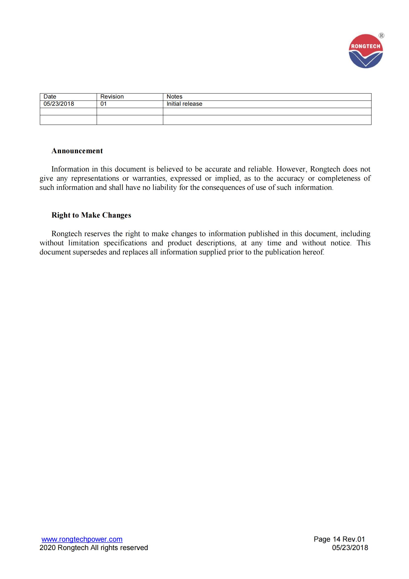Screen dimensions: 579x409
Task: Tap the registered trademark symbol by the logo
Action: click(382, 36)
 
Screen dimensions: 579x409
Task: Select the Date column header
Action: click(50, 97)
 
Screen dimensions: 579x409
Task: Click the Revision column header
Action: click(112, 97)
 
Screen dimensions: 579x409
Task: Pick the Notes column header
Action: click(174, 97)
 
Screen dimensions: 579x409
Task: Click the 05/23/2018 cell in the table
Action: click(59, 104)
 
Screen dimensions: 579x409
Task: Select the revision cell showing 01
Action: click(103, 104)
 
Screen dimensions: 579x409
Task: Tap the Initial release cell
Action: click(184, 104)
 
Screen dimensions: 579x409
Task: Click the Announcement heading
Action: click(77, 151)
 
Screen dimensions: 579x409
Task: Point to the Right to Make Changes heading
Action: click(91, 215)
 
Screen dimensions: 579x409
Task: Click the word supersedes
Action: click(90, 252)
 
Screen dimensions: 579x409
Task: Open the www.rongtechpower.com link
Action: click(82, 539)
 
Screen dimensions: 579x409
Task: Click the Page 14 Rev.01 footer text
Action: click(339, 539)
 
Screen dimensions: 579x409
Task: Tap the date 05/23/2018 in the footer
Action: click(350, 548)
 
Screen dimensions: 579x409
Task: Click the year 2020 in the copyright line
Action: click(47, 548)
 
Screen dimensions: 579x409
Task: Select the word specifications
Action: click(125, 243)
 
